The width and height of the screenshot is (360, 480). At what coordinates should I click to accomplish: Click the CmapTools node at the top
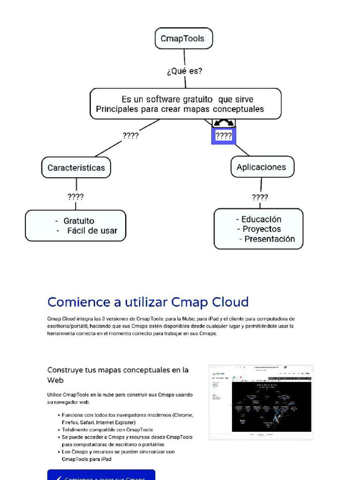pyautogui.click(x=183, y=38)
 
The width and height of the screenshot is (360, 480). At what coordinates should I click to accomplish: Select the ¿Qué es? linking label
pyautogui.click(x=185, y=71)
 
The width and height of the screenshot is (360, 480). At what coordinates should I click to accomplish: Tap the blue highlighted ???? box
pyautogui.click(x=224, y=136)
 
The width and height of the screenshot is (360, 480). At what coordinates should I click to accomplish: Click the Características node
pyautogui.click(x=76, y=167)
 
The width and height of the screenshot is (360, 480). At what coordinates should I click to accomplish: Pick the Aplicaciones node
pyautogui.click(x=261, y=167)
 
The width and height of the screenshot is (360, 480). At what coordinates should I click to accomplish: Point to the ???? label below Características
pyautogui.click(x=75, y=197)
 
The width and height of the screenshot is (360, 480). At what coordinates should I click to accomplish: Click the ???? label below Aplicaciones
pyautogui.click(x=260, y=197)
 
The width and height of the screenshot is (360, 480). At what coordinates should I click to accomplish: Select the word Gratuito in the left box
pyautogui.click(x=79, y=221)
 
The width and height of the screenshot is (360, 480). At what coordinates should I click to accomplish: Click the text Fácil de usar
pyautogui.click(x=92, y=231)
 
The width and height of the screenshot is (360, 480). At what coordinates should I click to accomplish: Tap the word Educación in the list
pyautogui.click(x=261, y=219)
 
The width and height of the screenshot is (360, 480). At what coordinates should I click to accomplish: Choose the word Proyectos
pyautogui.click(x=262, y=229)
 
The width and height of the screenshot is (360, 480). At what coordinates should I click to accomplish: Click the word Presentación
pyautogui.click(x=270, y=239)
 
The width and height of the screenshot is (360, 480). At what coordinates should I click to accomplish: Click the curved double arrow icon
pyautogui.click(x=224, y=123)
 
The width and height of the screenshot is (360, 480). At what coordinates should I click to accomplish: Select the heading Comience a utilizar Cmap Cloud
pyautogui.click(x=148, y=302)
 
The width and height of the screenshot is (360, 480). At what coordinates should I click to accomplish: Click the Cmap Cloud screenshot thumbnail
pyautogui.click(x=261, y=402)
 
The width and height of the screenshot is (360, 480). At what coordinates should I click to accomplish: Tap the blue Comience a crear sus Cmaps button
pyautogui.click(x=101, y=475)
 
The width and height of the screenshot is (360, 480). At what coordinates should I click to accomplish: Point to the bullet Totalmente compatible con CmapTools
pyautogui.click(x=107, y=429)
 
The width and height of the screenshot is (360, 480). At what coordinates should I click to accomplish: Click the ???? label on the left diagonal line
pyautogui.click(x=130, y=136)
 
